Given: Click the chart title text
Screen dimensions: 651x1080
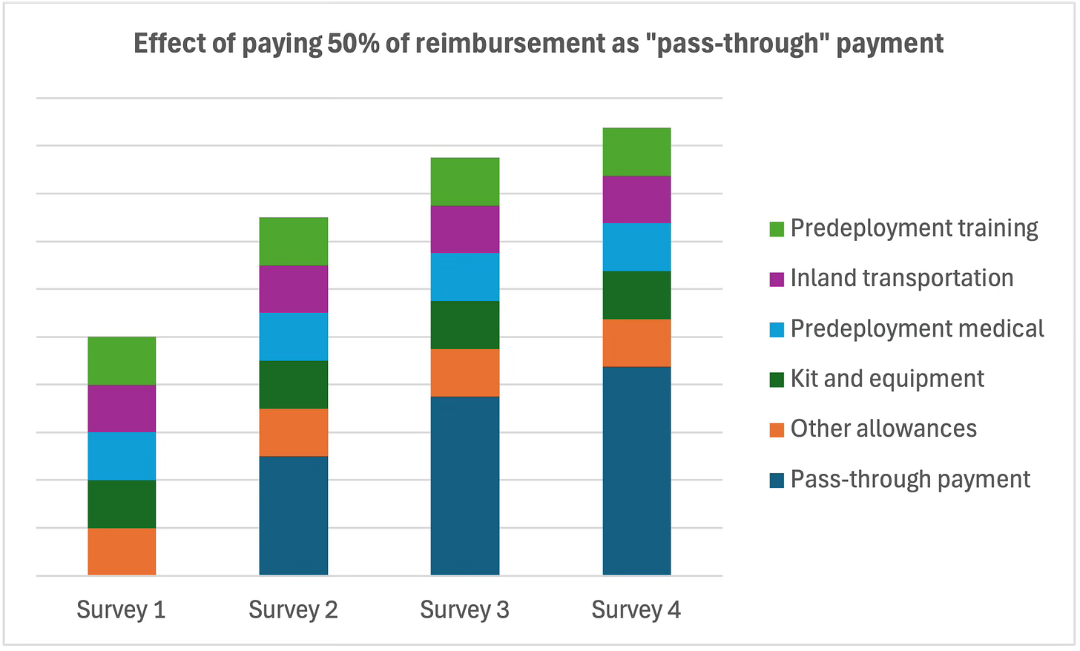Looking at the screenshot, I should click(x=539, y=44).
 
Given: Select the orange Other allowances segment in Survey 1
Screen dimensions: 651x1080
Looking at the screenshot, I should click(x=122, y=551).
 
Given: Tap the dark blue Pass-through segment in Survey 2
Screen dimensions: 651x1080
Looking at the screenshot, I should click(x=294, y=515).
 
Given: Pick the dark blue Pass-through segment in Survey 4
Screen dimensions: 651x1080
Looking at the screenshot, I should click(x=636, y=471).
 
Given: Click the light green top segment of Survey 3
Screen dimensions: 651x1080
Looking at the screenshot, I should click(x=465, y=182).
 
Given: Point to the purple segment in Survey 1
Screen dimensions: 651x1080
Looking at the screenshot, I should click(x=122, y=409).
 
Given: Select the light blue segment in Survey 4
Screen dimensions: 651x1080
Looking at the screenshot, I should click(x=636, y=247).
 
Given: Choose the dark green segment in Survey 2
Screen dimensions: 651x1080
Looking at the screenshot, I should click(x=294, y=384).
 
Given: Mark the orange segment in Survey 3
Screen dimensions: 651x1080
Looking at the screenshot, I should click(x=465, y=372).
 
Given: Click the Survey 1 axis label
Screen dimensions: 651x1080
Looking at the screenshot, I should click(x=121, y=609).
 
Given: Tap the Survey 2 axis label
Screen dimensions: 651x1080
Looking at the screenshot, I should click(x=293, y=609).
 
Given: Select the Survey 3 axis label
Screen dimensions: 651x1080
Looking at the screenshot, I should click(x=464, y=609).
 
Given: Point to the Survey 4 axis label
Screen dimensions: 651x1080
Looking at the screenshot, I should click(x=636, y=609).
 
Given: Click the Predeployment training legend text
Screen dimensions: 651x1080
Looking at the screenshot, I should click(x=914, y=228).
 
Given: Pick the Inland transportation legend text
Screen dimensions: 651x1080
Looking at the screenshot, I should click(x=902, y=278).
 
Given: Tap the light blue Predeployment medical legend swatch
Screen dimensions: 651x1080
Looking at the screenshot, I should click(x=777, y=329).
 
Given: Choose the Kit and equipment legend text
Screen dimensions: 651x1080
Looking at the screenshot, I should click(x=887, y=379).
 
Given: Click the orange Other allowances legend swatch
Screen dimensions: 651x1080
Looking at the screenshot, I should click(x=777, y=429).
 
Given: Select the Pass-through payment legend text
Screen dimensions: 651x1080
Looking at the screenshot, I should click(x=910, y=480).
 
